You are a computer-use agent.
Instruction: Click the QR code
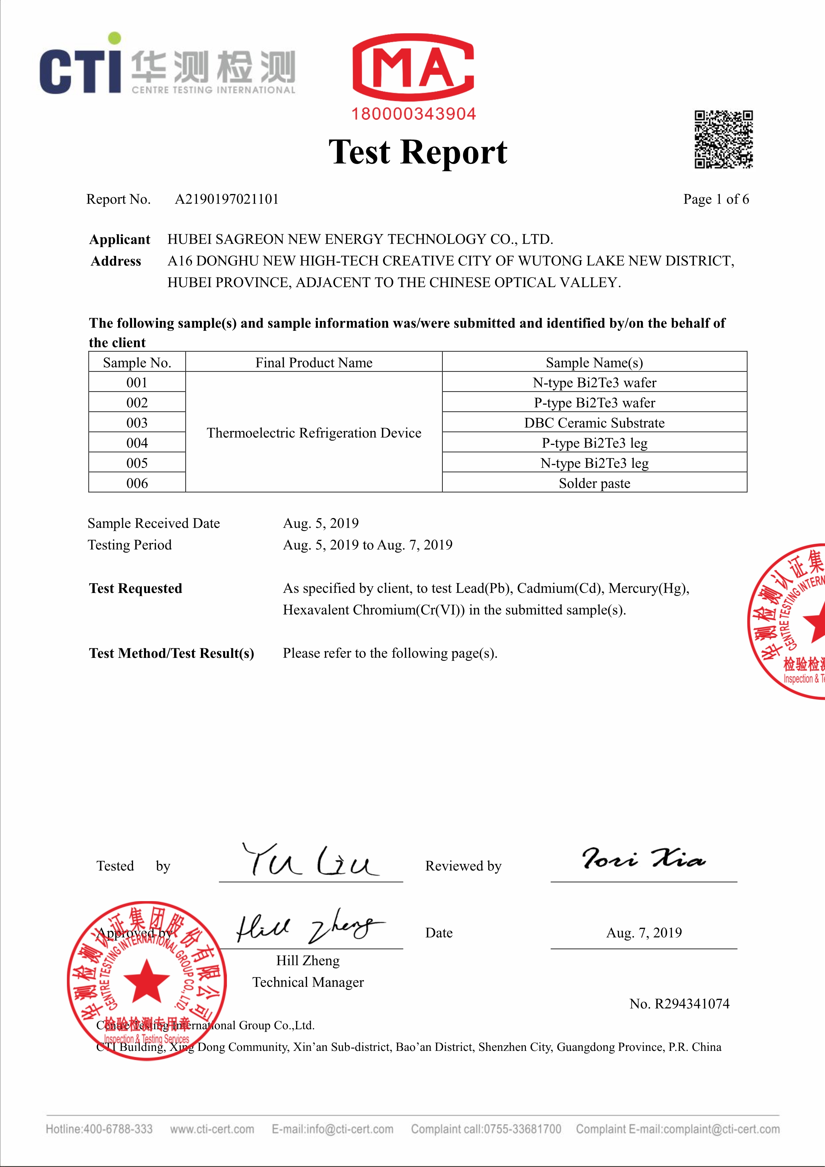pos(724,139)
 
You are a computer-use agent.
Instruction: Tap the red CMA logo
pos(413,67)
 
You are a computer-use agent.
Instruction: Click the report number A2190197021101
pos(227,199)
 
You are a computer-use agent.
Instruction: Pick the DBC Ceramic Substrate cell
pos(594,423)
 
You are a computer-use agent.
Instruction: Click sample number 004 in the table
pos(137,443)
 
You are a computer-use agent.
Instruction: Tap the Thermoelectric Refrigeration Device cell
pos(314,433)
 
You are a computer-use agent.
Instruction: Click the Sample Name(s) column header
pos(594,362)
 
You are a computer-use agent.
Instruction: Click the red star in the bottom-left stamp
pos(146,981)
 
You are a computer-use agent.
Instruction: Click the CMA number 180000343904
pos(413,114)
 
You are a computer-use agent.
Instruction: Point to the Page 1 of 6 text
pos(716,199)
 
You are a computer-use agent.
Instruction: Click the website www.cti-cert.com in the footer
pos(212,1129)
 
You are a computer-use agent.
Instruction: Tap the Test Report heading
pos(417,152)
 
